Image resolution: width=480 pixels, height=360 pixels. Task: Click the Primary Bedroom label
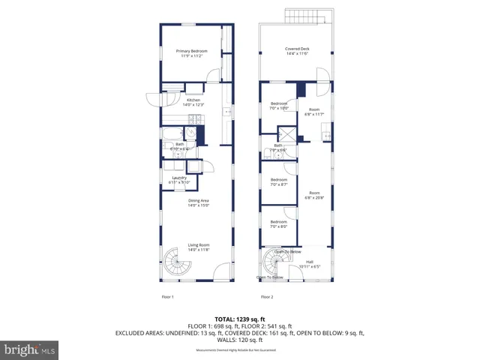pyautogui.click(x=191, y=52)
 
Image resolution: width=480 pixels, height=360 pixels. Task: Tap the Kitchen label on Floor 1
pyautogui.click(x=193, y=102)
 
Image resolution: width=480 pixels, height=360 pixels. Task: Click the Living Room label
pyautogui.click(x=198, y=247)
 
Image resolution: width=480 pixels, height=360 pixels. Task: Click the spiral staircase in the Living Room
pyautogui.click(x=178, y=265)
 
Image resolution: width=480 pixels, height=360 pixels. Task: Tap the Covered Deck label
pyautogui.click(x=297, y=52)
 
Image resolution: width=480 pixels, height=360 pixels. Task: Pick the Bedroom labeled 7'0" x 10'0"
pyautogui.click(x=279, y=105)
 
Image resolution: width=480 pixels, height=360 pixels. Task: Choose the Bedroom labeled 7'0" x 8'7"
pyautogui.click(x=279, y=181)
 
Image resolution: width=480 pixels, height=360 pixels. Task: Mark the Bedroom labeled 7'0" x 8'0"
pyautogui.click(x=279, y=223)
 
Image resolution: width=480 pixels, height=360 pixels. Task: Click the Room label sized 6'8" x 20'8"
pyautogui.click(x=313, y=195)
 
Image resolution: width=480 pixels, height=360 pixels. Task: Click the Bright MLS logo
pyautogui.click(x=30, y=349)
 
